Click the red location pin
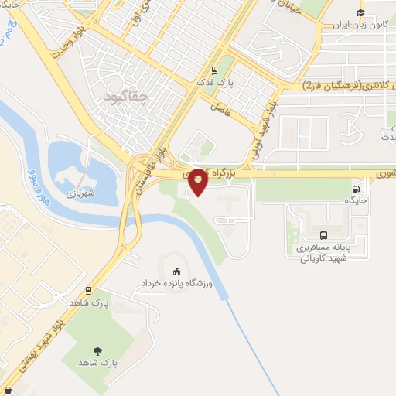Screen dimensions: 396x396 (x=198, y=181)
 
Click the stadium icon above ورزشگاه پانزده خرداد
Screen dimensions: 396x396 (x=177, y=271)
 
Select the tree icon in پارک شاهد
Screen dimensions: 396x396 (x=97, y=350)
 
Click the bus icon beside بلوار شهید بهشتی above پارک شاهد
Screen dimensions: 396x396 (x=89, y=291)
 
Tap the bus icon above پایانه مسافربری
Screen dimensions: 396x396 (x=324, y=235)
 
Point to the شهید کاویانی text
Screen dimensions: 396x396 (x=324, y=258)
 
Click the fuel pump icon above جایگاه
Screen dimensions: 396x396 (x=356, y=188)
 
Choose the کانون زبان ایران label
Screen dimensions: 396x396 (x=359, y=24)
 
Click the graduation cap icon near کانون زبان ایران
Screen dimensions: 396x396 (x=360, y=12)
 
